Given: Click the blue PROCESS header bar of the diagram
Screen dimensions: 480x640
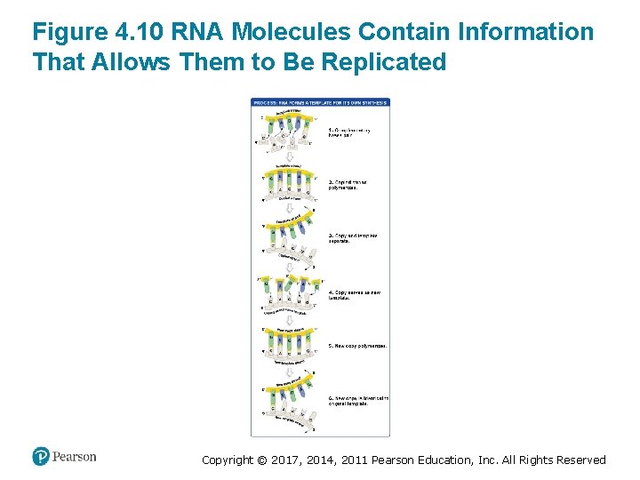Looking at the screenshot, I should [x=320, y=102].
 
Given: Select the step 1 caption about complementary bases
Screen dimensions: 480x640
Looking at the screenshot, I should [x=349, y=132].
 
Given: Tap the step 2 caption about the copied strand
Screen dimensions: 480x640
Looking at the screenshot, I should [x=348, y=185].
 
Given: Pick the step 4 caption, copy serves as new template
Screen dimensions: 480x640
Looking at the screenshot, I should [x=348, y=294].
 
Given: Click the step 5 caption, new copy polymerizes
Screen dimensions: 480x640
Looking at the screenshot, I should [x=357, y=345].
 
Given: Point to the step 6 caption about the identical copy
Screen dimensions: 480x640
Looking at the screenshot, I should [x=357, y=400].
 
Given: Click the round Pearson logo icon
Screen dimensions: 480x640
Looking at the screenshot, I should [x=40, y=456].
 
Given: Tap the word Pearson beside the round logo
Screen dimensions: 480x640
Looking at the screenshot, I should [x=74, y=457].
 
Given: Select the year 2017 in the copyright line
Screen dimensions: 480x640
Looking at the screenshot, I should [x=283, y=460].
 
